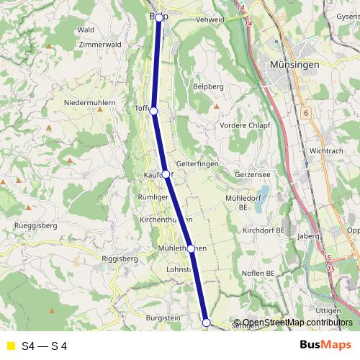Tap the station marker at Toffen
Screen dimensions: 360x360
(x=153, y=110)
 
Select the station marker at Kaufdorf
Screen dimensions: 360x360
(x=166, y=174)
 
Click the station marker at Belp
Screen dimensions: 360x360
(x=159, y=17)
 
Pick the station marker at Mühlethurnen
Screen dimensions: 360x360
(x=191, y=248)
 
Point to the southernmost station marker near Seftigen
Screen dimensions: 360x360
(x=206, y=323)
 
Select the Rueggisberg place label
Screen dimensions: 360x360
(x=35, y=225)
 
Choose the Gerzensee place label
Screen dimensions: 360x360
(x=251, y=175)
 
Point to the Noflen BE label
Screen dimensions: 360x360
(x=259, y=274)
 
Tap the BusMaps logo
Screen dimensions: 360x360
(x=325, y=346)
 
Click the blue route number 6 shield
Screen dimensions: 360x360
(x=305, y=113)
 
